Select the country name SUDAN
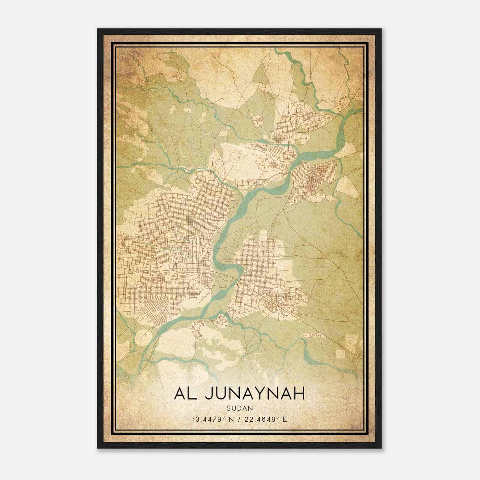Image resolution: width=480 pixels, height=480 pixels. tap(240, 408)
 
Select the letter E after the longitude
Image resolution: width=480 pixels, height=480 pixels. tap(285, 419)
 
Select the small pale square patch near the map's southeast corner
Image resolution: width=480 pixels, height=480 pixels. tap(340, 353)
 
